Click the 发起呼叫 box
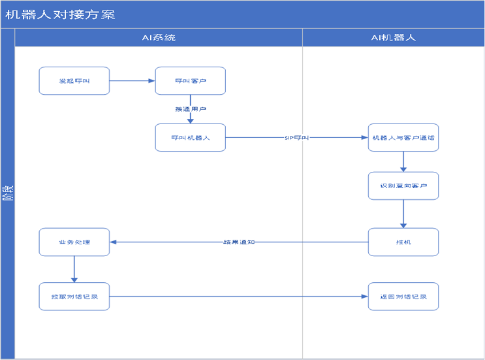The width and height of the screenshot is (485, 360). [74, 81]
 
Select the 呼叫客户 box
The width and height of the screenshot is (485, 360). [190, 81]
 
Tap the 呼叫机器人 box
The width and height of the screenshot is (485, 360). [190, 138]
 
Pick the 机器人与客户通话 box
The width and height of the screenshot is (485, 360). [403, 138]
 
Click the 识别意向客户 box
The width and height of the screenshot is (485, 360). [403, 186]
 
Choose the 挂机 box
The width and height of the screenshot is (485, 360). [403, 242]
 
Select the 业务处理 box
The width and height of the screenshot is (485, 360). [74, 242]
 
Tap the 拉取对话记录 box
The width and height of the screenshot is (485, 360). [74, 297]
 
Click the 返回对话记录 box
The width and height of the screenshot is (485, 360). [403, 297]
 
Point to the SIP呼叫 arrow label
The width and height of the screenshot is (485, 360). [297, 138]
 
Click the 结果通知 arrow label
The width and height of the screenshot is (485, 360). [238, 242]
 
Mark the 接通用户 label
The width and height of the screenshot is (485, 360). [190, 109]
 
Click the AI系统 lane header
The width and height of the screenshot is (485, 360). [159, 37]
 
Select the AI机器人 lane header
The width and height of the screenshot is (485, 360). [393, 37]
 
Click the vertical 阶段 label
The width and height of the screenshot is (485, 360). [7, 193]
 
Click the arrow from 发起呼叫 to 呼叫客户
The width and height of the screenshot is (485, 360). [132, 81]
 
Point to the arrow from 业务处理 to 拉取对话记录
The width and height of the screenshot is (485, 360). [74, 269]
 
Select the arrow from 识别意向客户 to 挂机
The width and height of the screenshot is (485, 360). [403, 214]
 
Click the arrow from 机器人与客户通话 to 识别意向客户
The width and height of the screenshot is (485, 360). [403, 161]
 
